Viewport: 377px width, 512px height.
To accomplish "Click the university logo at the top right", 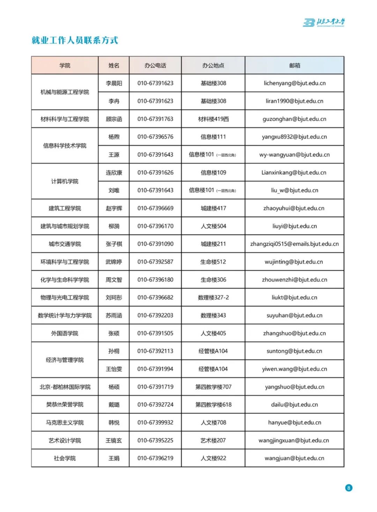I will [x=324, y=23].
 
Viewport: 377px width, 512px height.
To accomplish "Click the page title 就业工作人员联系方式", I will [x=75, y=40].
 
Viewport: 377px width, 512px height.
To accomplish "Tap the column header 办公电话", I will [x=155, y=65].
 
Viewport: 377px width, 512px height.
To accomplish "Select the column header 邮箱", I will [x=295, y=65].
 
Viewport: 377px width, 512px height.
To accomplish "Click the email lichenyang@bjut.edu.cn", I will [x=295, y=83].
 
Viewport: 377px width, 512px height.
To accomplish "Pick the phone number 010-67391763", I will [x=155, y=119].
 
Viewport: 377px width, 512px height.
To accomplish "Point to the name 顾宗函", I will [x=114, y=119].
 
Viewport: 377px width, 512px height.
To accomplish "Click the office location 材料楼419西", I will [x=213, y=119].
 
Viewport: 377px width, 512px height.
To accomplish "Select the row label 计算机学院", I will [x=65, y=181].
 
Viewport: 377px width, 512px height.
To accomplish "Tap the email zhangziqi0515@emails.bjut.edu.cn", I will [x=295, y=244].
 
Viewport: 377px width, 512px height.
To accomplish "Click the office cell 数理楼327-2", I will [x=213, y=297].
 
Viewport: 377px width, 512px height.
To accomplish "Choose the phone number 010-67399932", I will [x=155, y=422].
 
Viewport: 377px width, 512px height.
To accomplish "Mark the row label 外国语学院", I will [x=65, y=333].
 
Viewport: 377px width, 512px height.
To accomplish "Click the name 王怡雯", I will [x=114, y=369].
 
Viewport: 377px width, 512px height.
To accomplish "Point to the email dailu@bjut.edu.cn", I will [x=295, y=405].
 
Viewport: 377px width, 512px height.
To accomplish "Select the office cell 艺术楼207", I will [x=213, y=440].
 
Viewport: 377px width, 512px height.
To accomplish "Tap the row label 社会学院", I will [x=65, y=458].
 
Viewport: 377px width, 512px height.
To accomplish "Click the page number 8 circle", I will [x=348, y=488].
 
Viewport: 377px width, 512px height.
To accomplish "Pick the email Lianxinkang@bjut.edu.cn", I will [x=294, y=172].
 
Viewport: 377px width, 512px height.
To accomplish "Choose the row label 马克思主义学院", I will [x=65, y=422].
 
